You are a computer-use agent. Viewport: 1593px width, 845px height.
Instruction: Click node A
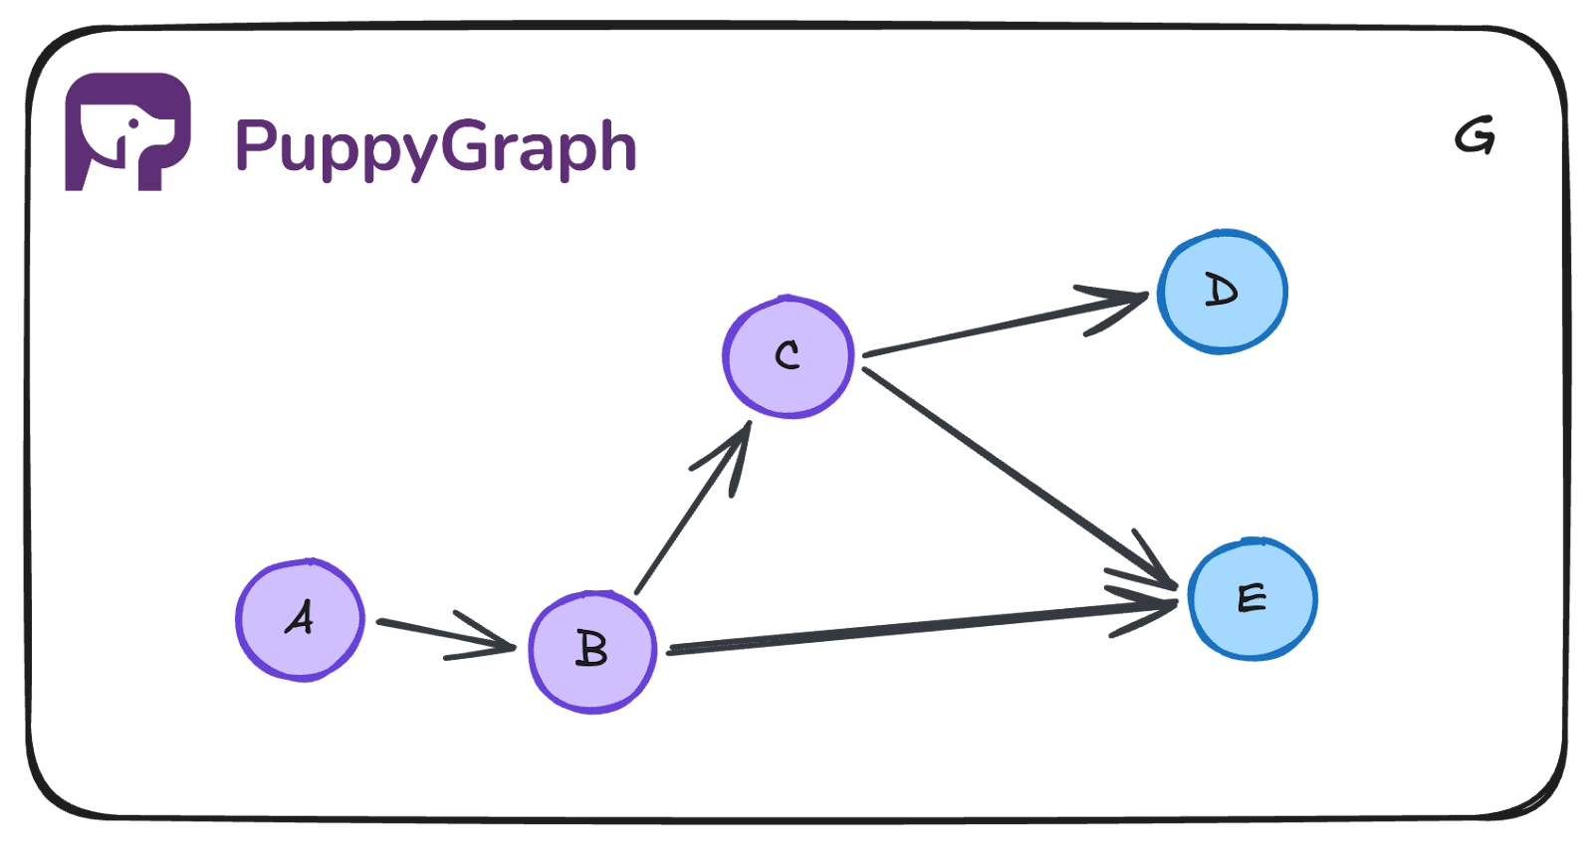click(x=301, y=619)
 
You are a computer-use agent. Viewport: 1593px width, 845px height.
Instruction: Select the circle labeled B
click(x=592, y=652)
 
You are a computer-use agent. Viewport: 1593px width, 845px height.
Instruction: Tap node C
click(x=788, y=356)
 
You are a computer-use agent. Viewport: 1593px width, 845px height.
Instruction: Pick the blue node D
click(x=1222, y=292)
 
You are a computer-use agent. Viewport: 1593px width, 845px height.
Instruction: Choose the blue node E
click(x=1252, y=598)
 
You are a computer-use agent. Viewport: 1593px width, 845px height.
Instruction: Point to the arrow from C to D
click(x=996, y=324)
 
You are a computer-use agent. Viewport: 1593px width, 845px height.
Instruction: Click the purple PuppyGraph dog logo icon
click(x=127, y=130)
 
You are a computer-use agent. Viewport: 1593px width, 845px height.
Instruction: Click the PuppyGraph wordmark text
click(x=435, y=147)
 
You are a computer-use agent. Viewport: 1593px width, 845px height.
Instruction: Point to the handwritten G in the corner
click(x=1475, y=135)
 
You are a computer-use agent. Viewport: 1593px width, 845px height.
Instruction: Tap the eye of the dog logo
click(x=133, y=124)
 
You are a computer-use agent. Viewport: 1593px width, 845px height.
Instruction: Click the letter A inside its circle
click(x=300, y=618)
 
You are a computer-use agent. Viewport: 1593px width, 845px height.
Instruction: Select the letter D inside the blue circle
click(x=1222, y=291)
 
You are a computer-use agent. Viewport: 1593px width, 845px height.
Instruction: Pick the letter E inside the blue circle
click(x=1252, y=598)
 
